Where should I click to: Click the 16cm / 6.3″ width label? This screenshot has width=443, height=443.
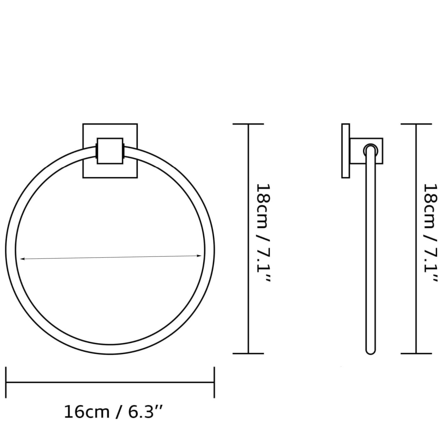pyautogui.click(x=113, y=412)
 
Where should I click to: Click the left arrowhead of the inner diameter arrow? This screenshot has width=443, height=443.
pyautogui.click(x=22, y=259)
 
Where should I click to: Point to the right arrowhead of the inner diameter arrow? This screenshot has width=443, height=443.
pyautogui.click(x=199, y=256)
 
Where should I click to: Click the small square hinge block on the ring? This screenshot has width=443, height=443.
pyautogui.click(x=110, y=151)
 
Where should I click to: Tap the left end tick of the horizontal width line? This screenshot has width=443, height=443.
pyautogui.click(x=6, y=382)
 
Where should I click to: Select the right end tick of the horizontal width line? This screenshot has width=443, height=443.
pyautogui.click(x=214, y=382)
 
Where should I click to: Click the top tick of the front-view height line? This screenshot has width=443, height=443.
pyautogui.click(x=248, y=124)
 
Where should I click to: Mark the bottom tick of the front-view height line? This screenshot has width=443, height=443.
pyautogui.click(x=248, y=354)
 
